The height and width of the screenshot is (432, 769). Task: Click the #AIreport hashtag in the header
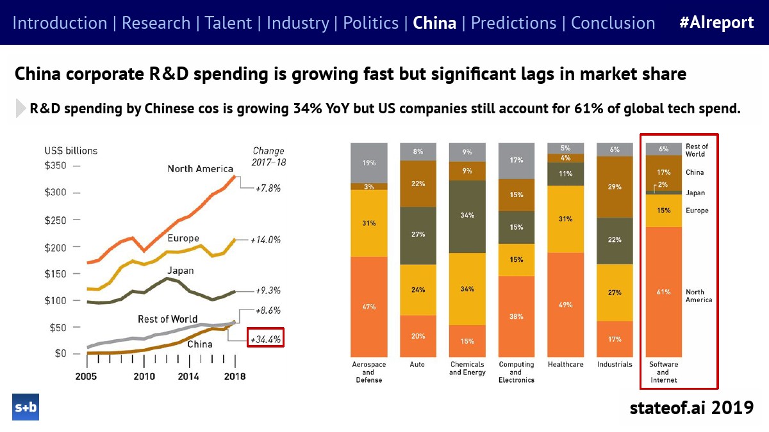pos(716,23)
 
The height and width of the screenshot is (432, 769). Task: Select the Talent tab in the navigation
pos(228,23)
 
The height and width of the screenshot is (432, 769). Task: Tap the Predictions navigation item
pos(514,23)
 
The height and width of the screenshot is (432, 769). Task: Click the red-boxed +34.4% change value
pos(265,339)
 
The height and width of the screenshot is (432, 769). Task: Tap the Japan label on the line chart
pos(181,271)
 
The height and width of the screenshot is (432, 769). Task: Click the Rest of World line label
pos(168,319)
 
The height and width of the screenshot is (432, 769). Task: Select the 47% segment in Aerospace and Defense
pos(368,307)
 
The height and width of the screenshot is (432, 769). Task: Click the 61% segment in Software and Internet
pos(663,292)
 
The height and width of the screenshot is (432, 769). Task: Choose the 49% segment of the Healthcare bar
pos(565,305)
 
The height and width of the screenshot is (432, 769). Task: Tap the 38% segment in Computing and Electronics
pos(516,316)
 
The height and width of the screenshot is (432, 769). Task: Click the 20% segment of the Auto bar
pos(418,336)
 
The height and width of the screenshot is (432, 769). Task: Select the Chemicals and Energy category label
pos(467,369)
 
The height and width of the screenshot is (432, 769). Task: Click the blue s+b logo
pos(26,407)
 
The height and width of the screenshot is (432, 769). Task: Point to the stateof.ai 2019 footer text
pos(691,407)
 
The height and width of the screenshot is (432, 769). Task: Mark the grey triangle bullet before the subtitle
pos(21,108)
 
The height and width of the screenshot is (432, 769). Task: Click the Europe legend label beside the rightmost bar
pos(697,211)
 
